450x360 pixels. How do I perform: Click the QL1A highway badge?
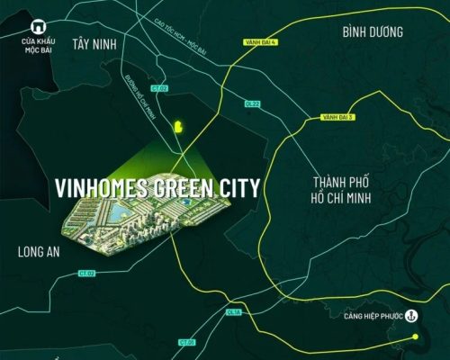pyautogui.click(x=234, y=311)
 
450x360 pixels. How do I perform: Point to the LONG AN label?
pyautogui.click(x=39, y=253)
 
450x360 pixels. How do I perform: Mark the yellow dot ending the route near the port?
pyautogui.click(x=417, y=337)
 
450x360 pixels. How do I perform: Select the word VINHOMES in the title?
pyautogui.click(x=95, y=189)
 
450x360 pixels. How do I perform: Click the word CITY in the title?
pyautogui.click(x=237, y=189)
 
